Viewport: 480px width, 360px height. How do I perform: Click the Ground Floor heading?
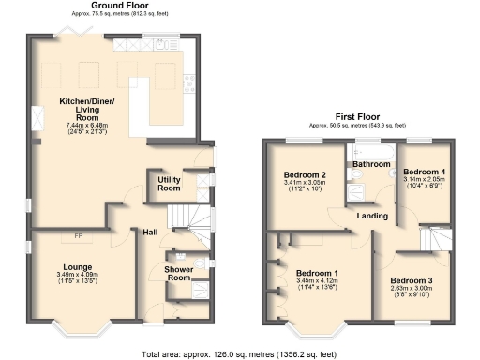(116, 6)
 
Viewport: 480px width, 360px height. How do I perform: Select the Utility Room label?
(169, 185)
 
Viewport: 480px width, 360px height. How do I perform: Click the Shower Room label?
(178, 273)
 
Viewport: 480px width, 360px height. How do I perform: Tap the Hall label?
(150, 232)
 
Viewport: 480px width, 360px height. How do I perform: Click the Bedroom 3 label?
(412, 280)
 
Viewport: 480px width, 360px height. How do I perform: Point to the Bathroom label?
(371, 164)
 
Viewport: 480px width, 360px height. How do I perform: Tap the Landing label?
(373, 217)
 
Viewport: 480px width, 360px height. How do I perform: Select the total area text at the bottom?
(239, 354)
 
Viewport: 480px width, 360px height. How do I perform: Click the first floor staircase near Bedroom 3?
(435, 239)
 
